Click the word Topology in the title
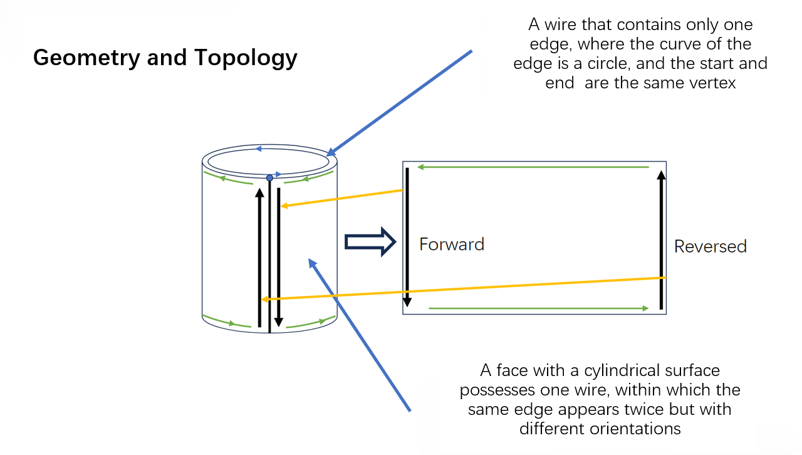(x=246, y=58)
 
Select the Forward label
(x=452, y=244)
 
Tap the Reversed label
(x=710, y=246)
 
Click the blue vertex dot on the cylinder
(x=269, y=178)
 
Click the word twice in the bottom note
(x=668, y=409)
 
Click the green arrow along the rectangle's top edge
(x=533, y=167)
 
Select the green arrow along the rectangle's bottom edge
(x=539, y=308)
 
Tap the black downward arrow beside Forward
(x=407, y=238)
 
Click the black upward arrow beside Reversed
(x=661, y=238)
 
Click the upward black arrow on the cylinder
(x=259, y=257)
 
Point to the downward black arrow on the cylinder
(x=278, y=257)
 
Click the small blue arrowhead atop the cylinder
(x=258, y=149)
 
